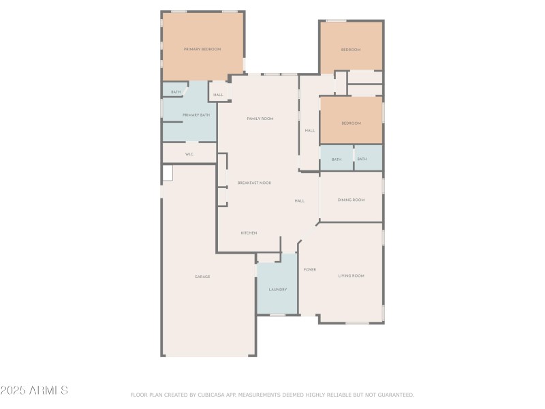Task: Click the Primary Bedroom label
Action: [202, 49]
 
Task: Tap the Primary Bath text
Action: [196, 115]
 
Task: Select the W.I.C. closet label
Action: [189, 154]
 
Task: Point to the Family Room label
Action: [260, 119]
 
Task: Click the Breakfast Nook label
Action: [254, 183]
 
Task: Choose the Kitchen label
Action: [249, 233]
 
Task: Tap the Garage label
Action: [202, 277]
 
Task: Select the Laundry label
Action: [278, 290]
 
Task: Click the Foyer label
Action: [310, 269]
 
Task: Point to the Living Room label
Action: [352, 275]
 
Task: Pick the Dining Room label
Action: [352, 200]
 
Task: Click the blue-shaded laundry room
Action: [278, 276]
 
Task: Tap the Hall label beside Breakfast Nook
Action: [300, 200]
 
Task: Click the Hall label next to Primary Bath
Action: [218, 95]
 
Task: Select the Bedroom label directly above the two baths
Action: [351, 123]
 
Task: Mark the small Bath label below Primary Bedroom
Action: [176, 92]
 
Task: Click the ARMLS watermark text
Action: [48, 391]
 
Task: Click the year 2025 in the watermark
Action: [13, 391]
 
